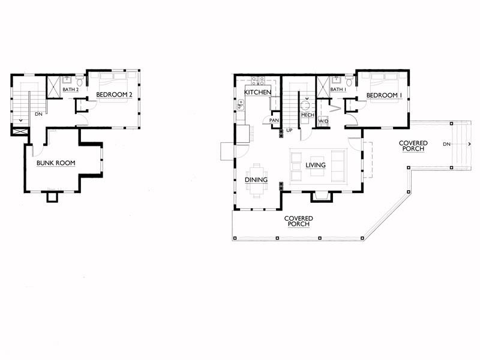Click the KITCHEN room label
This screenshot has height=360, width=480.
coord(258,92)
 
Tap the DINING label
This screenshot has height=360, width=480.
coord(256,179)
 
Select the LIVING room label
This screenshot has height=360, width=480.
coord(316,166)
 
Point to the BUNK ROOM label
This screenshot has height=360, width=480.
coord(56,163)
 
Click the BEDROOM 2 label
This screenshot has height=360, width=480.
coord(114,95)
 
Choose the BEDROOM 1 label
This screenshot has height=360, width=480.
coord(384,95)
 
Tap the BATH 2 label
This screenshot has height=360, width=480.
coord(71,89)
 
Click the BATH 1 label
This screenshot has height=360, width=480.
coord(338,89)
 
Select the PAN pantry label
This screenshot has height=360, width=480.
coord(274,121)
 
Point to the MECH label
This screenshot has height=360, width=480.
coord(308,115)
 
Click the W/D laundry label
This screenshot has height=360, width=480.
coord(323,121)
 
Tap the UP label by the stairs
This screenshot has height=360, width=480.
coord(289,130)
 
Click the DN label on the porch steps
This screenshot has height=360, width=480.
coord(446,144)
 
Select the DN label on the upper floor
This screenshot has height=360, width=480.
coord(38,114)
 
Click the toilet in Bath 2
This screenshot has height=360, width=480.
coord(80,81)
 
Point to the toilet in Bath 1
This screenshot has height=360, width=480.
coord(349,81)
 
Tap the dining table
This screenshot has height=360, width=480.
coord(257,180)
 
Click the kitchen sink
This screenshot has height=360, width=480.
coord(241,105)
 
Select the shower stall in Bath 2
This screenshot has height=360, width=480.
coord(53,86)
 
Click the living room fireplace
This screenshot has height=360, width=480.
coord(321,197)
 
